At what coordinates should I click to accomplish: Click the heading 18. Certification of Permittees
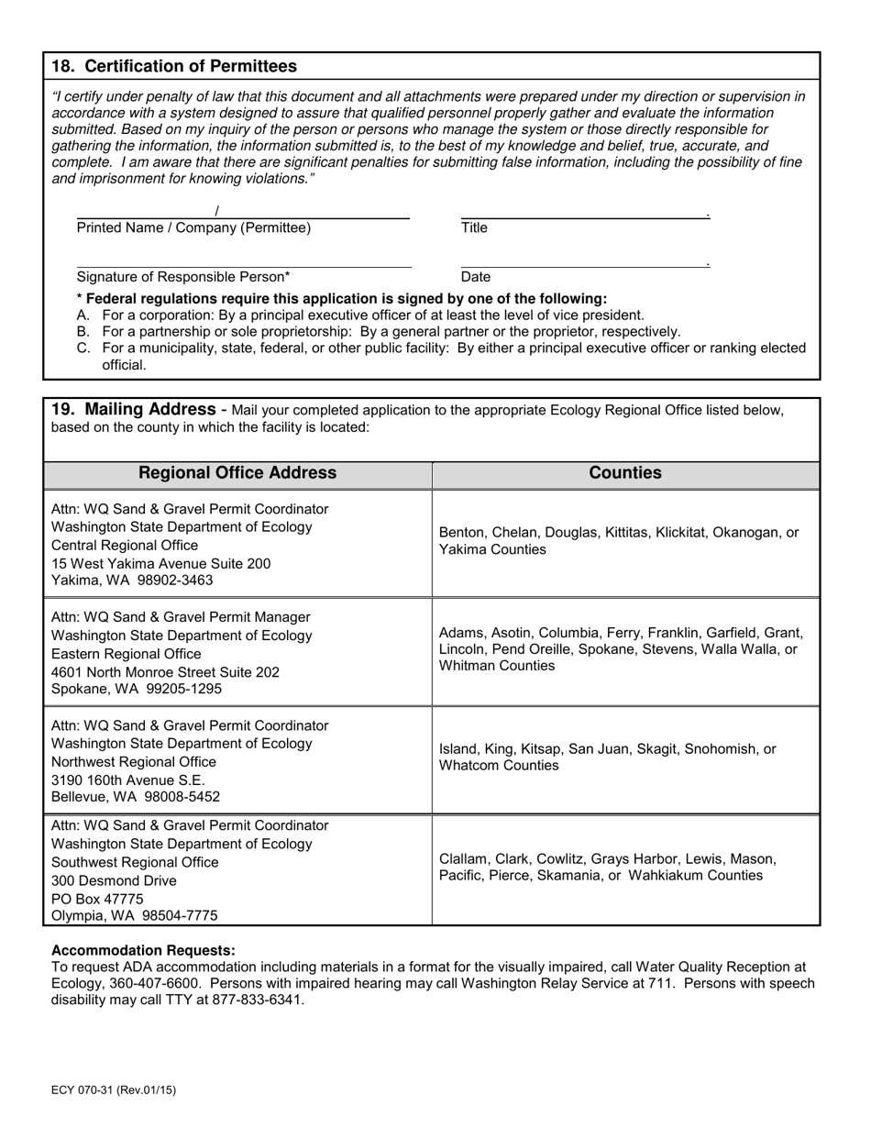click(x=174, y=66)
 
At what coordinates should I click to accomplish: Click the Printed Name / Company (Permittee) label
click(x=193, y=228)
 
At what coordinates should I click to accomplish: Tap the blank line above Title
click(x=585, y=216)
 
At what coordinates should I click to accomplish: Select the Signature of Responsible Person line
click(x=244, y=266)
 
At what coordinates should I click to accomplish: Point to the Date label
click(x=476, y=277)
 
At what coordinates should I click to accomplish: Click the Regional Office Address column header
click(x=237, y=473)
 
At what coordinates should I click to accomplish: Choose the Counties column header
click(x=625, y=473)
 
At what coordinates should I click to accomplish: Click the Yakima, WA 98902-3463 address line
click(x=132, y=581)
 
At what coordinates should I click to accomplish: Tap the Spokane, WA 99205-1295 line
click(x=137, y=689)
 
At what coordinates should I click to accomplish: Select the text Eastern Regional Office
click(x=126, y=654)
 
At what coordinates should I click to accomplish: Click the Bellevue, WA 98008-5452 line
click(x=136, y=797)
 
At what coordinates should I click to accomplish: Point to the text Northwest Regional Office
click(x=134, y=762)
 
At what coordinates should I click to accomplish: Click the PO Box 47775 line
click(x=97, y=898)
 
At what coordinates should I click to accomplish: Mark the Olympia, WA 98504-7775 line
click(x=135, y=915)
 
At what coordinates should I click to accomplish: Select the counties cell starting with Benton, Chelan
click(x=619, y=541)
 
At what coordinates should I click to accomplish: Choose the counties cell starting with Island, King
click(x=607, y=758)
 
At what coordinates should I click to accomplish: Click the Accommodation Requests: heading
click(x=143, y=950)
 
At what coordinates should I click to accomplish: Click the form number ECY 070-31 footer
click(x=114, y=1090)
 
